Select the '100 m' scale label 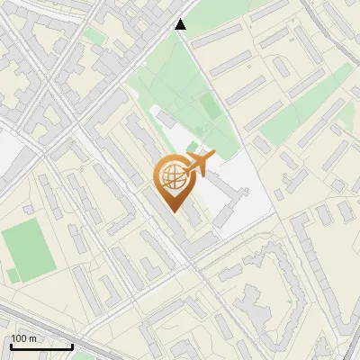click(x=24, y=338)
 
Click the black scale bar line click(x=41, y=346)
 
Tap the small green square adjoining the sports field click(x=11, y=273)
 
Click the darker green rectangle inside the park click(x=210, y=108)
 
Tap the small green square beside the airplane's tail click(x=192, y=147)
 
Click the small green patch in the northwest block click(x=94, y=36)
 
